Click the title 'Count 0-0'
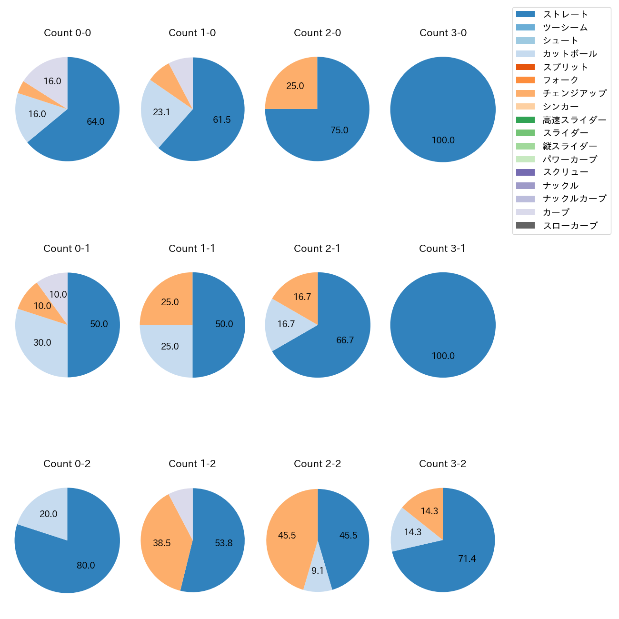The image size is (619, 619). [67, 33]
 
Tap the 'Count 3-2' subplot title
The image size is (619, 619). [442, 464]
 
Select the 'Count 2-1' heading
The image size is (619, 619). [317, 249]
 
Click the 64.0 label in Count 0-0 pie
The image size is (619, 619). [95, 122]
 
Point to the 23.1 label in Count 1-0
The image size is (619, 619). [161, 112]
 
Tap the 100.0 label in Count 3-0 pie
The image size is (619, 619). [443, 140]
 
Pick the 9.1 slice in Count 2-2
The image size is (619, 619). [318, 576]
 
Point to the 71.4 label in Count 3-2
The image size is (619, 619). [467, 559]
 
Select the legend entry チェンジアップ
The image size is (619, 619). [574, 93]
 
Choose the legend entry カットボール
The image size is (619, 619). [569, 54]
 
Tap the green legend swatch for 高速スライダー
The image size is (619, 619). [525, 120]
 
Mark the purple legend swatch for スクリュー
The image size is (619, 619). [525, 172]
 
